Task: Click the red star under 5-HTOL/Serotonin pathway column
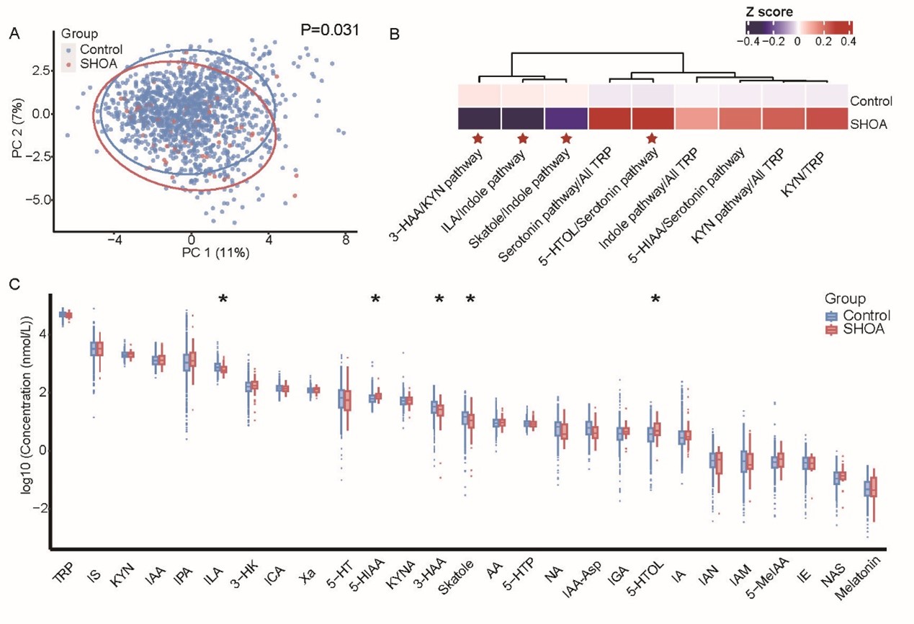click(x=652, y=138)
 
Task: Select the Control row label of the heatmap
click(x=871, y=101)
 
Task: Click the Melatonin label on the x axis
click(x=861, y=580)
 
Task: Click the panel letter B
click(x=393, y=33)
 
